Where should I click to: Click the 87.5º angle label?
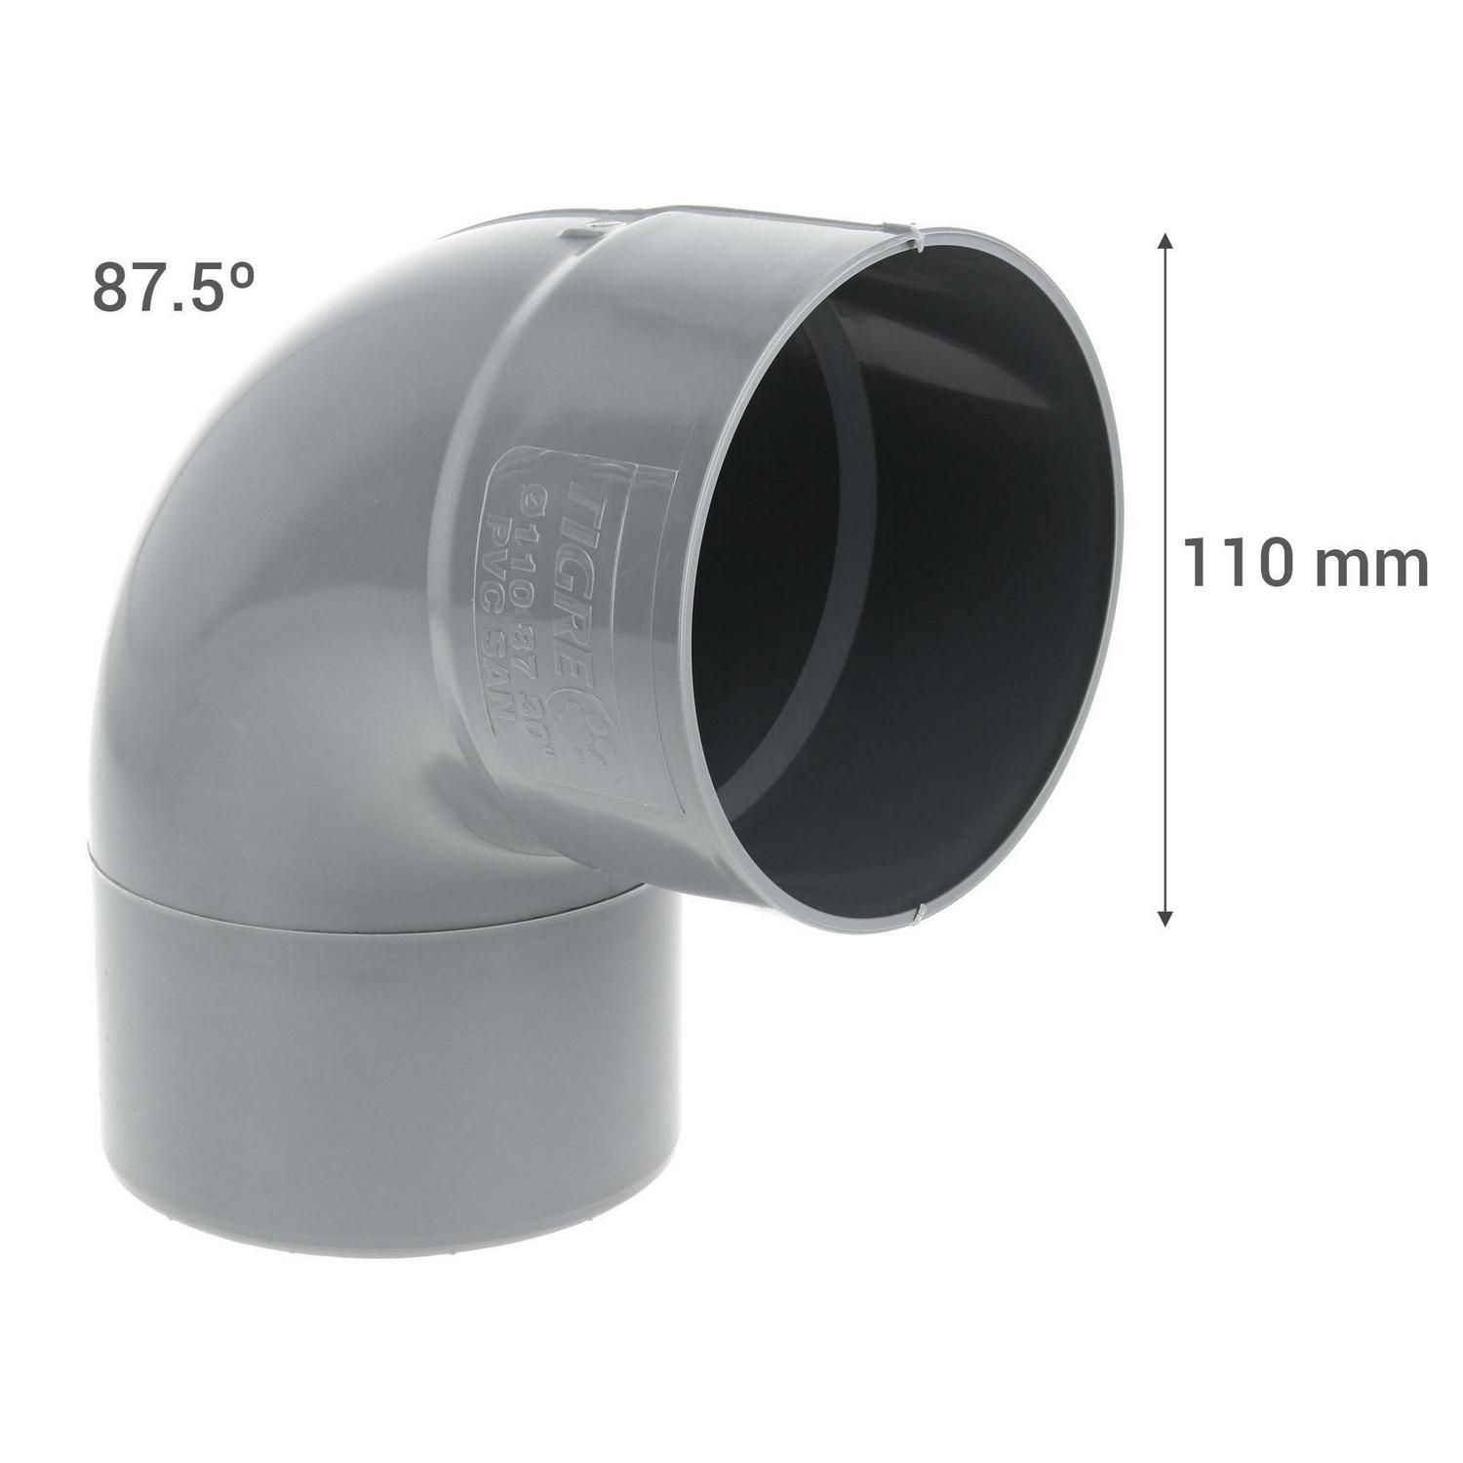(174, 286)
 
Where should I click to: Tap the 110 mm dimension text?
(1305, 565)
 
